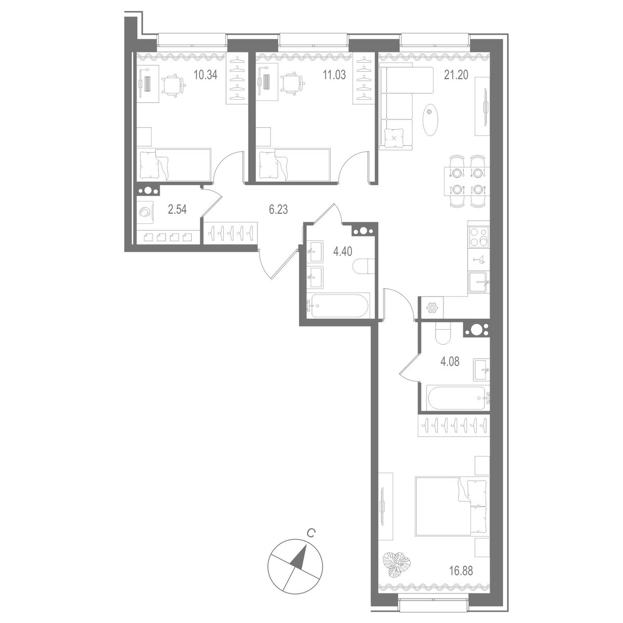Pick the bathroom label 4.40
tap(343, 252)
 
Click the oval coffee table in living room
tap(431, 119)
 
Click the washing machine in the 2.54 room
tap(146, 213)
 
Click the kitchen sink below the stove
tap(479, 282)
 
